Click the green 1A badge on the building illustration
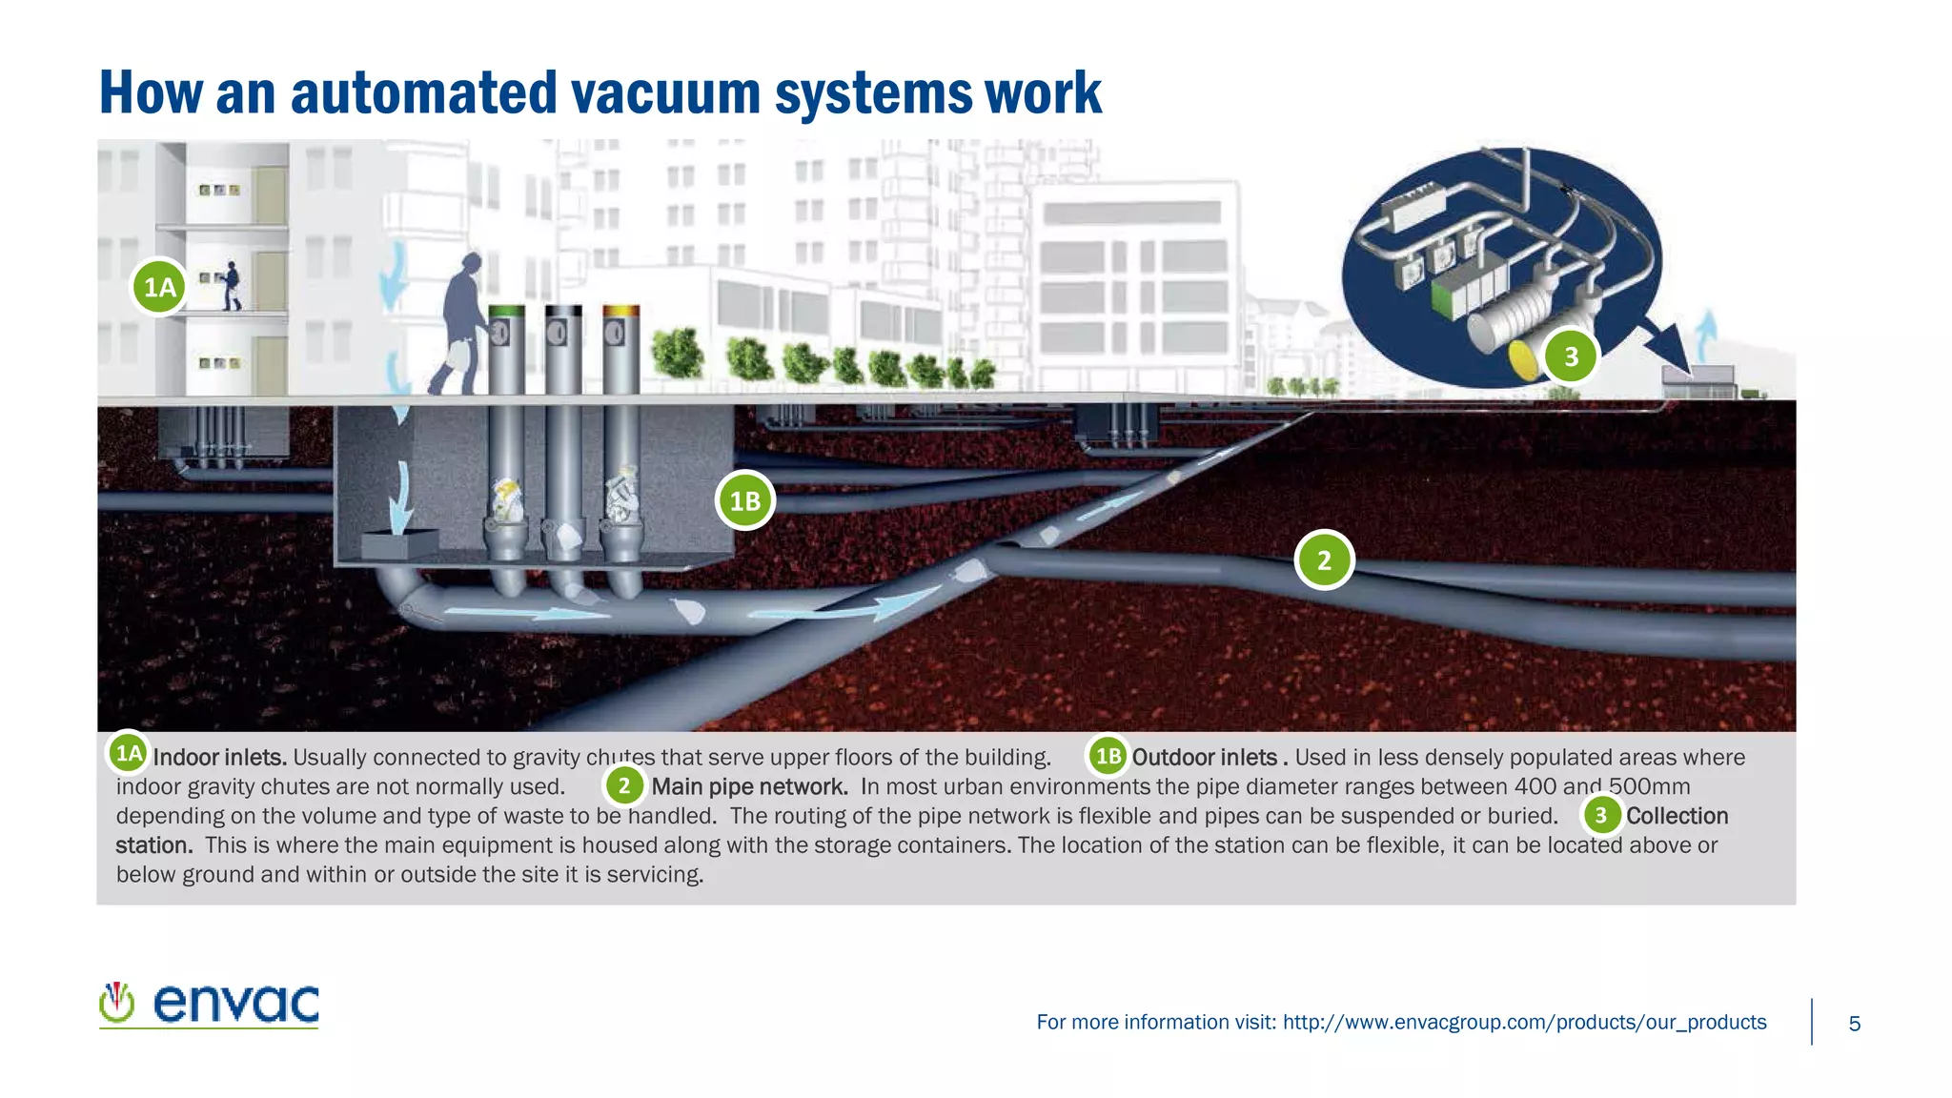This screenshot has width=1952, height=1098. coord(159,287)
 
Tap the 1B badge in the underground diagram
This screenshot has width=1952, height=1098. coord(744,500)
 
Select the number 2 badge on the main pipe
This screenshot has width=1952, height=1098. coord(1324,560)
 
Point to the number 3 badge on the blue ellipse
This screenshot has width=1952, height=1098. coord(1571,356)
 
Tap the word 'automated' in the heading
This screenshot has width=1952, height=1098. coord(423,93)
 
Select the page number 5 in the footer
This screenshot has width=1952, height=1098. coord(1854,1024)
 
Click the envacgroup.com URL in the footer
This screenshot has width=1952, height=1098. coord(1524,1023)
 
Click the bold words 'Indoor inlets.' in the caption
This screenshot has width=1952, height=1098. coord(220,758)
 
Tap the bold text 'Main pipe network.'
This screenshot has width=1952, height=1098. coord(749,787)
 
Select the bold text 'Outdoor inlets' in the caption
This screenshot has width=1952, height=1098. coord(1204,758)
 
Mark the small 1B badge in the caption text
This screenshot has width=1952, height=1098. coord(1108,757)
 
